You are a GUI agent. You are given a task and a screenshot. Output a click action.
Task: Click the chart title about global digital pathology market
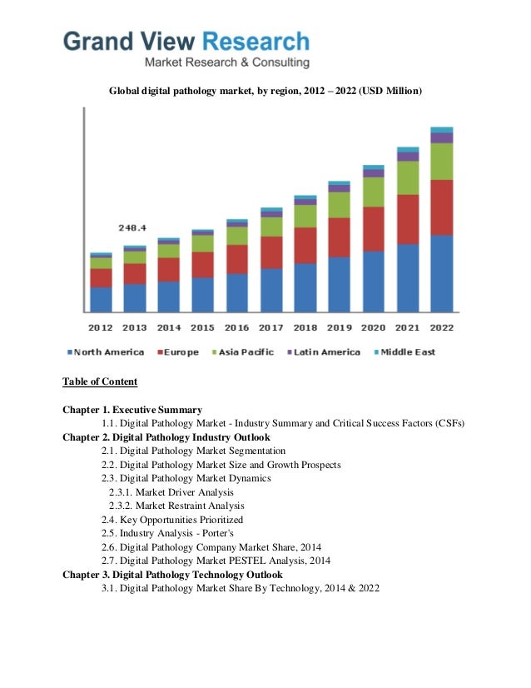[265, 89]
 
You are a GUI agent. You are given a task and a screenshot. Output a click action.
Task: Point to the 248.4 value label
[132, 227]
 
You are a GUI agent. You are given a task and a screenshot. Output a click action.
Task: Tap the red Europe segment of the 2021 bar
[408, 219]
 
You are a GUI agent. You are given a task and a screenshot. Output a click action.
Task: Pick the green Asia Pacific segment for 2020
[374, 192]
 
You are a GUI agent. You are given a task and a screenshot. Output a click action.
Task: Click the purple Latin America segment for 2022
[441, 137]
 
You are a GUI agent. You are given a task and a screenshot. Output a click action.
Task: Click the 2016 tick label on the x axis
[237, 327]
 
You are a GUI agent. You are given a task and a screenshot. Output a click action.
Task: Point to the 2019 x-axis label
[339, 327]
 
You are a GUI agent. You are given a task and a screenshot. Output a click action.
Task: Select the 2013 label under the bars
[135, 327]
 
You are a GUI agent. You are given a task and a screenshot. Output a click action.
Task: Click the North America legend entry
[107, 352]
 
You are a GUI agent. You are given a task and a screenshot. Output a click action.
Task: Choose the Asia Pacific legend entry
[241, 352]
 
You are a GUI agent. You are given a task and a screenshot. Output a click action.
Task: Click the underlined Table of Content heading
[100, 382]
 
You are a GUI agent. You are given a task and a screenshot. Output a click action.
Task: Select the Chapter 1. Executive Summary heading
[132, 410]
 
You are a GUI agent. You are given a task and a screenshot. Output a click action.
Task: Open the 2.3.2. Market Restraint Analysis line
[176, 506]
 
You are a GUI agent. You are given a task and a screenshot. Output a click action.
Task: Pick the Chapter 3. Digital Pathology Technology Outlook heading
[172, 575]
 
